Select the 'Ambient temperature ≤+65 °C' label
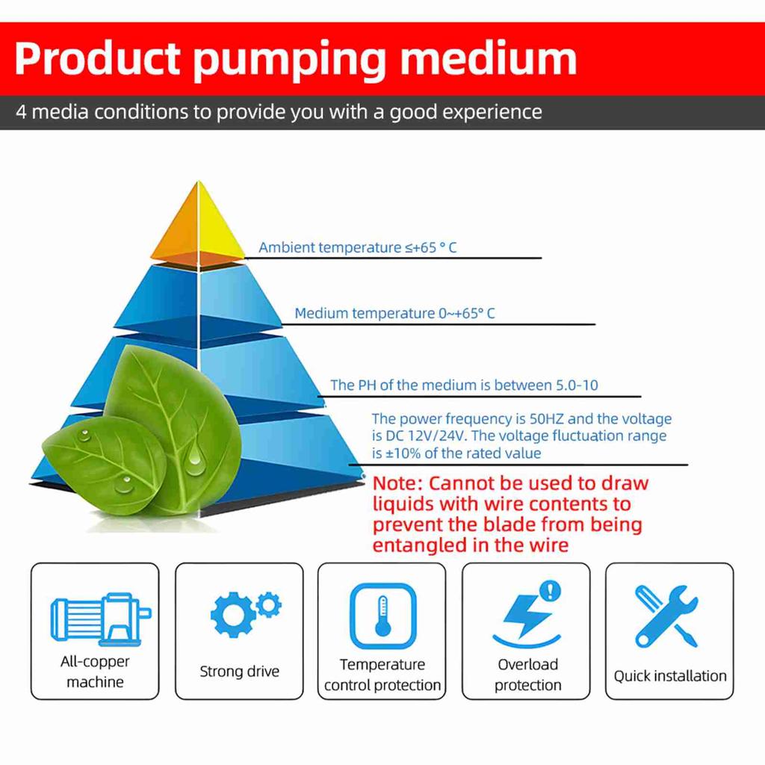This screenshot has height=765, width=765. click(357, 247)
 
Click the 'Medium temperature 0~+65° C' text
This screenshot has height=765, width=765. click(394, 313)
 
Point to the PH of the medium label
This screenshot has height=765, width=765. click(464, 385)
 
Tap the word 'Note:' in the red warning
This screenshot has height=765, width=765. click(397, 483)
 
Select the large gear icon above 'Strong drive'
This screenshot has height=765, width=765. click(231, 614)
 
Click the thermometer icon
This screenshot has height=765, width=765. click(383, 616)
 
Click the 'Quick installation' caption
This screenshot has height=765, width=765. click(670, 676)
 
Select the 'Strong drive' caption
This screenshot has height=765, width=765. click(239, 672)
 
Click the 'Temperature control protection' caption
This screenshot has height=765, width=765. click(382, 675)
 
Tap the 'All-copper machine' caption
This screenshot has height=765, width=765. click(95, 672)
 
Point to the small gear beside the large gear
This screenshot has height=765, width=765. click(268, 602)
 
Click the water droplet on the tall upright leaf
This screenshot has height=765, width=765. click(196, 461)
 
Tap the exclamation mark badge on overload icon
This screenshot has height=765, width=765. click(550, 591)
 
